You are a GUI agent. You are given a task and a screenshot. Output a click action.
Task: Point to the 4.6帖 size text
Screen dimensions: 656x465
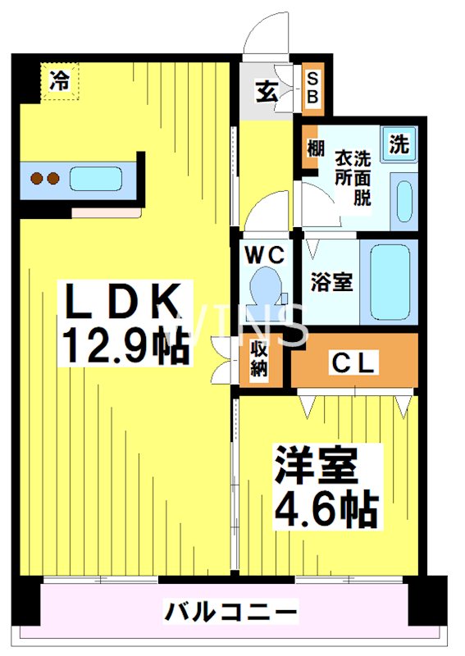tap(324, 509)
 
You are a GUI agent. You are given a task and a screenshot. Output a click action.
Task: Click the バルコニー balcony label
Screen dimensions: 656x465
tap(231, 611)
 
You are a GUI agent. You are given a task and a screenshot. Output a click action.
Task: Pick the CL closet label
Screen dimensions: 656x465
tap(353, 363)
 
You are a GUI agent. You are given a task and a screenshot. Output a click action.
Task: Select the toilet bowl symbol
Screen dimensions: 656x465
tap(265, 291)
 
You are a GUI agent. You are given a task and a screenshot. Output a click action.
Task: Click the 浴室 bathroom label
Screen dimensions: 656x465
tap(331, 282)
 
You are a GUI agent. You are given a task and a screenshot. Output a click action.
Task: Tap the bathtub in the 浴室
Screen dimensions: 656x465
tap(388, 282)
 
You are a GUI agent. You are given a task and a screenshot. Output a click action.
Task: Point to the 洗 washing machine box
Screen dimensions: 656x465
tap(399, 145)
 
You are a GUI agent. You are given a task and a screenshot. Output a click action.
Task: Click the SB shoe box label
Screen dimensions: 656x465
tap(314, 89)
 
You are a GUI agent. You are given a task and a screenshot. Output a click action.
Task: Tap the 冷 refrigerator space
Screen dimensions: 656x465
tap(59, 82)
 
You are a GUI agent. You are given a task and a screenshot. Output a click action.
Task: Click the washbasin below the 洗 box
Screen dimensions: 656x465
tap(403, 200)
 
